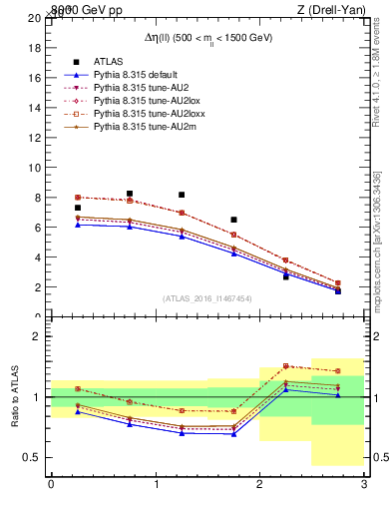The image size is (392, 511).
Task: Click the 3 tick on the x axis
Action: tap(364, 484)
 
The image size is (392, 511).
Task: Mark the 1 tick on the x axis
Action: tap(156, 484)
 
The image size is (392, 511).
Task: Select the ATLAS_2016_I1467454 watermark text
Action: tap(206, 297)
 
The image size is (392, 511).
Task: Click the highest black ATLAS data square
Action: tap(130, 194)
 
